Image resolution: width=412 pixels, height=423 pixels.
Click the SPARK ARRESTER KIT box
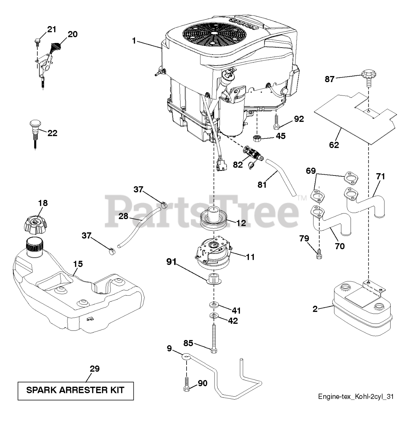click(x=76, y=391)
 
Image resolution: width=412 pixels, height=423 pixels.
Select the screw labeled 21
click(x=37, y=41)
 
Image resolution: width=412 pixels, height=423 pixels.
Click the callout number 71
click(x=380, y=176)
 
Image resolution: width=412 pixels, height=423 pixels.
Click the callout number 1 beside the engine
click(x=134, y=41)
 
